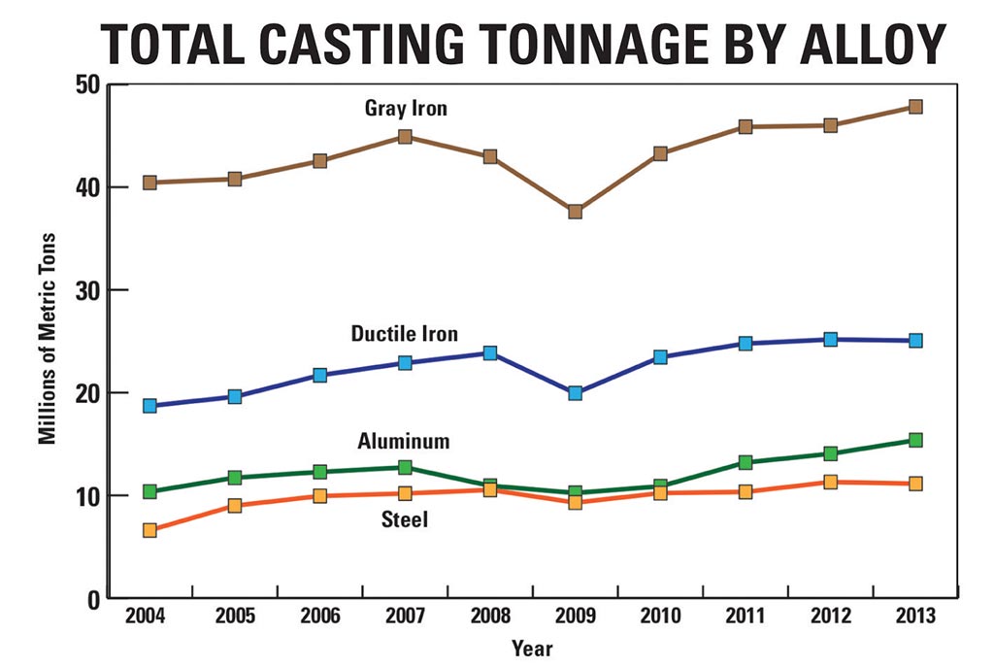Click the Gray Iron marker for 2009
pos(575,211)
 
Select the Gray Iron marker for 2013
pos(914,107)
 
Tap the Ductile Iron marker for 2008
pos(490,353)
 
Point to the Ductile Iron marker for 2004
pos(149,406)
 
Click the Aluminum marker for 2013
pos(914,440)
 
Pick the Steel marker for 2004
pos(149,530)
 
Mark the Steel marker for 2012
pos(830,482)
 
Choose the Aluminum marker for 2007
pos(405,467)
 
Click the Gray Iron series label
pos(406,109)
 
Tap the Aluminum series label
pos(404,442)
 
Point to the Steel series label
pos(404,520)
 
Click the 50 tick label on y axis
pos(87,84)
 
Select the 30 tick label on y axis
pos(87,290)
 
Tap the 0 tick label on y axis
pos(94,599)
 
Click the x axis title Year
pos(532,648)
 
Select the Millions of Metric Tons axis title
pos(47,339)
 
